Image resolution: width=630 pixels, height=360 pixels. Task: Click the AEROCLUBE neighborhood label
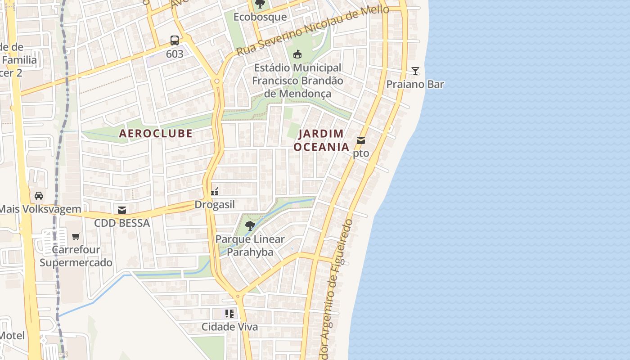click(x=156, y=133)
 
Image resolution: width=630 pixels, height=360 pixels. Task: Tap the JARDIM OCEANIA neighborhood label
click(x=321, y=140)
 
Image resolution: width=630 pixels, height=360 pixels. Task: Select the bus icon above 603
click(x=175, y=40)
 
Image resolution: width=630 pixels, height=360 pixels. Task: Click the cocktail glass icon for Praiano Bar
click(x=415, y=71)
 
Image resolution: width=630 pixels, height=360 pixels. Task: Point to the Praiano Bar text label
click(x=415, y=84)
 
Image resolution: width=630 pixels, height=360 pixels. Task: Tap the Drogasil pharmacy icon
click(x=215, y=192)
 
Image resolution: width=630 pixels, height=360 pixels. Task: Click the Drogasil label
click(x=215, y=205)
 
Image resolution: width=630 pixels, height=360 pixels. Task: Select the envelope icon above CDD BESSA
click(x=121, y=210)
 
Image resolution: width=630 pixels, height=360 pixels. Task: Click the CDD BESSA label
click(x=121, y=223)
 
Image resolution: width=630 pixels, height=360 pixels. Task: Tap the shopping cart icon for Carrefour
click(x=76, y=236)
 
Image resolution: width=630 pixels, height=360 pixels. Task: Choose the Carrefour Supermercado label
click(x=76, y=256)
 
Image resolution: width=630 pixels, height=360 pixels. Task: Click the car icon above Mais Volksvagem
click(x=39, y=196)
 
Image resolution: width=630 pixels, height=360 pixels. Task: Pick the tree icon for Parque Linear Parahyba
click(x=250, y=225)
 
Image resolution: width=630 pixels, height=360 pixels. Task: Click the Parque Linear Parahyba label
click(x=250, y=246)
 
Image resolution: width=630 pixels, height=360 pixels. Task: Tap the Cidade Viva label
click(x=229, y=327)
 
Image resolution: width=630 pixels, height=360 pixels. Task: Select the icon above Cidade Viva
click(x=229, y=313)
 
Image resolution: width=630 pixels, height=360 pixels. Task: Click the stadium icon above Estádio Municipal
click(x=297, y=54)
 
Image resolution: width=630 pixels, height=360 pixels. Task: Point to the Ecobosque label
click(x=260, y=17)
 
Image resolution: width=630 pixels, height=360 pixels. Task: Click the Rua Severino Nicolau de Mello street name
click(x=312, y=30)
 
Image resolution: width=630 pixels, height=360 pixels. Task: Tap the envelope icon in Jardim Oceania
click(x=360, y=140)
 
